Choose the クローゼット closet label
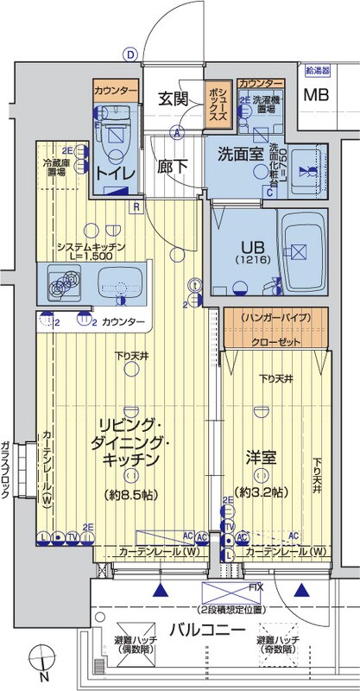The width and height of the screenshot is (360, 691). [278, 341]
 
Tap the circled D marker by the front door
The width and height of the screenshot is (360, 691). [129, 54]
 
